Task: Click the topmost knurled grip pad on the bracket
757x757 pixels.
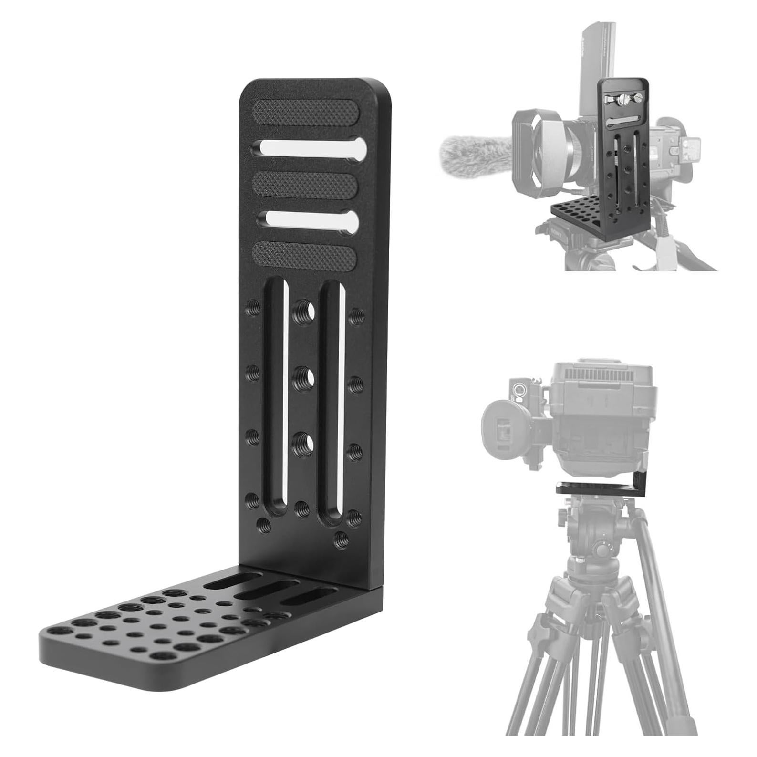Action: pos(306,113)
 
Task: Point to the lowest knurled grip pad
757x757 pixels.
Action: pos(305,256)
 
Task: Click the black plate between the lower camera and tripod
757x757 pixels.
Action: pos(601,488)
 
